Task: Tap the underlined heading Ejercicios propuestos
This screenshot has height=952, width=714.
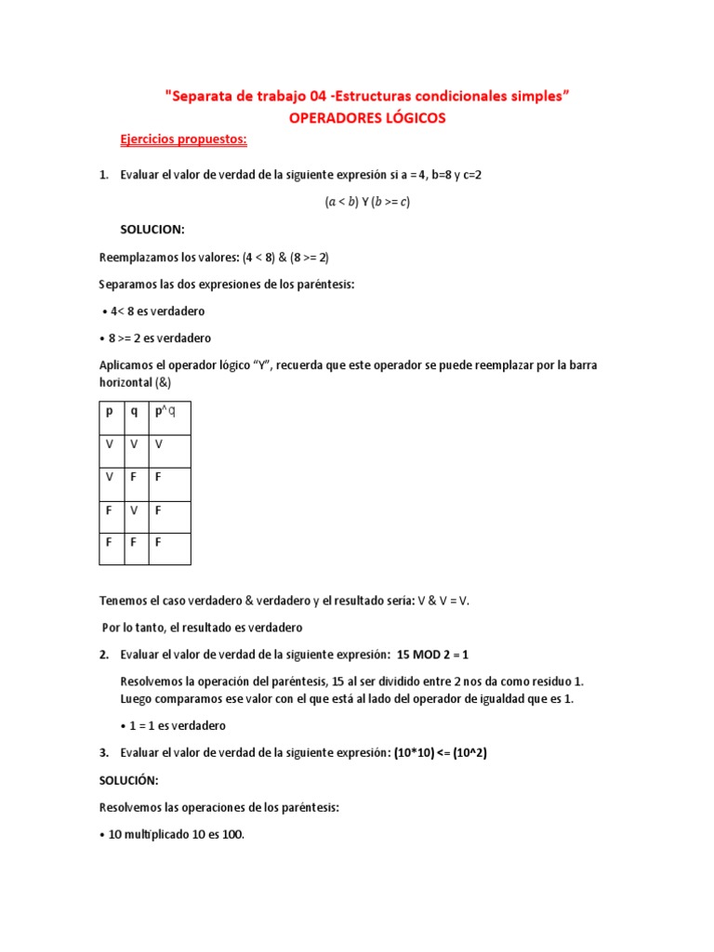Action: [183, 139]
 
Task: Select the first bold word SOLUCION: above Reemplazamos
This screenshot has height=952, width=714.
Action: [152, 229]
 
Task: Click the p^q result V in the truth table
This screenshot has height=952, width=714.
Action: [159, 444]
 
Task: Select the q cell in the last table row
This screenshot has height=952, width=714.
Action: [134, 542]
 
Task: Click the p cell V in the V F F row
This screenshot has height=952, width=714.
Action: [109, 477]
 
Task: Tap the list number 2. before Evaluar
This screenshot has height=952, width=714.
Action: [104, 654]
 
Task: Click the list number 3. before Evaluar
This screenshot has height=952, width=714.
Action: [104, 753]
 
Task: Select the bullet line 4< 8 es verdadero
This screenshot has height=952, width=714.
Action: [154, 311]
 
